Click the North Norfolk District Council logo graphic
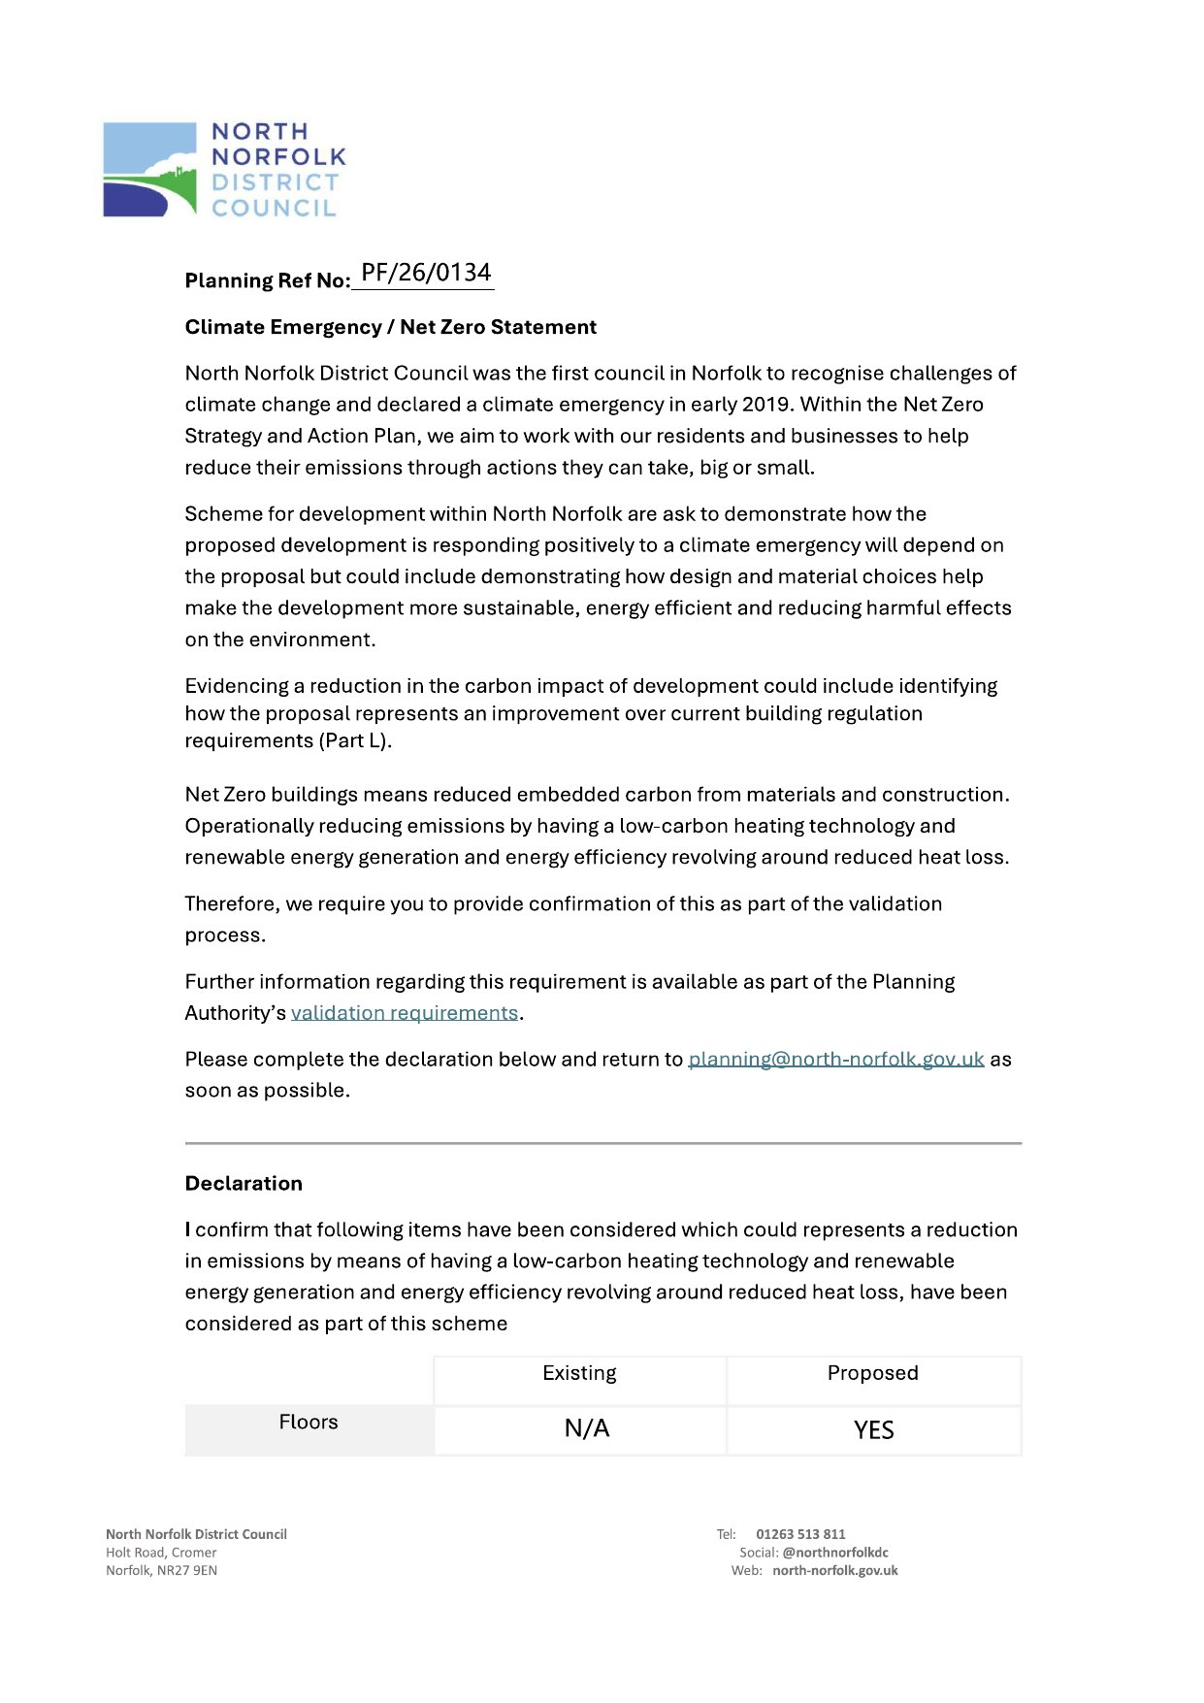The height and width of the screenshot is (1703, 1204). pyautogui.click(x=149, y=170)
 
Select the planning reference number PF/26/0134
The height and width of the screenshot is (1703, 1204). pyautogui.click(x=426, y=273)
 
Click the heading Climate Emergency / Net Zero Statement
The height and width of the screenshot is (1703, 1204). pyautogui.click(x=390, y=327)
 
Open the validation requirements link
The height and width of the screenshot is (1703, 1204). pyautogui.click(x=405, y=1013)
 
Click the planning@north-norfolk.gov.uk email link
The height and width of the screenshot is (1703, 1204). pyautogui.click(x=835, y=1060)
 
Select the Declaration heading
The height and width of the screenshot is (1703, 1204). pyautogui.click(x=244, y=1184)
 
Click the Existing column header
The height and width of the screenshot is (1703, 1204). pyautogui.click(x=579, y=1373)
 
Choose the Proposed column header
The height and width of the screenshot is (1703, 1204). pyautogui.click(x=872, y=1373)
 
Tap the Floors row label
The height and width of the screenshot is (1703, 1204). pyautogui.click(x=309, y=1423)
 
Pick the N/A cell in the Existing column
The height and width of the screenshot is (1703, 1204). pyautogui.click(x=587, y=1429)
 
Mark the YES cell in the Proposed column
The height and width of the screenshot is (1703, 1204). pyautogui.click(x=873, y=1430)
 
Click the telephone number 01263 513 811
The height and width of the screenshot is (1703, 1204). pyautogui.click(x=800, y=1534)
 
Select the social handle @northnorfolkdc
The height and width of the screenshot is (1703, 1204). pyautogui.click(x=834, y=1553)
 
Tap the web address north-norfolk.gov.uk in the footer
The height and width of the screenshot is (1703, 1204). pyautogui.click(x=834, y=1571)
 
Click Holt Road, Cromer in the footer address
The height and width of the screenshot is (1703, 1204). pyautogui.click(x=161, y=1553)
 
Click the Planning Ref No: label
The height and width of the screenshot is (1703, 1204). pyautogui.click(x=267, y=281)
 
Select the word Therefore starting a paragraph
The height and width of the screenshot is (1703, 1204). pyautogui.click(x=232, y=904)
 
